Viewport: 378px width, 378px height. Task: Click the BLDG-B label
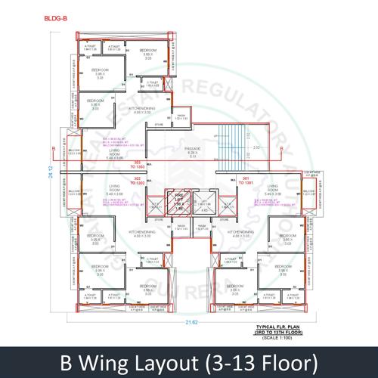54,18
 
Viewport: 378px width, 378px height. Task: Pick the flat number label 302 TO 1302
138,182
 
